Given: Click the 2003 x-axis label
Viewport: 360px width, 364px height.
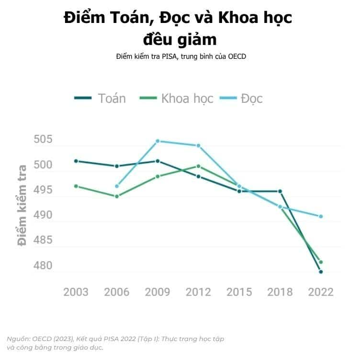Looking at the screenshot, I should coord(76,292).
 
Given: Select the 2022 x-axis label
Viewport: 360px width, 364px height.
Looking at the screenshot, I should coord(321,292).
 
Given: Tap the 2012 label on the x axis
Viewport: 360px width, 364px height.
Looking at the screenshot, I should coord(198,292).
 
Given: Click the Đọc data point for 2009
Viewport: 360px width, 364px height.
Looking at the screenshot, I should coord(157,141).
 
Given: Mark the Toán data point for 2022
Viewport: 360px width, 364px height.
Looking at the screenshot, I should coord(321,272).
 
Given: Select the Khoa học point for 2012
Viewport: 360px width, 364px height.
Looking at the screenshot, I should coord(198,166).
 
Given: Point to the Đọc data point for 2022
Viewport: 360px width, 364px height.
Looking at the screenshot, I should coord(321,216).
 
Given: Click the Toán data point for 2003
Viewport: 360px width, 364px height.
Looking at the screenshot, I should coord(76,161).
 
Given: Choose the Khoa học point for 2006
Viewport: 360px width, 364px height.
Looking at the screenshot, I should coord(117,196).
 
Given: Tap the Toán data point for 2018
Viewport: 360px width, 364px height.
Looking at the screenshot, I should coord(280,191).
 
